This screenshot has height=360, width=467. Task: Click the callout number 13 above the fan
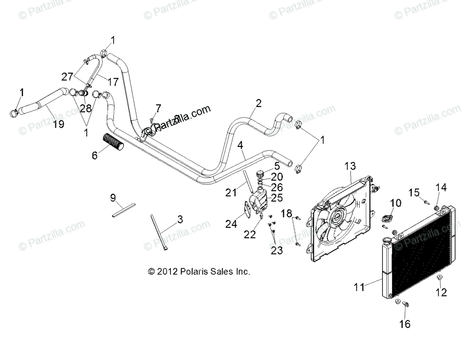tap(350, 166)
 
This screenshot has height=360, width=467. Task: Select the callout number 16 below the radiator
tap(405, 324)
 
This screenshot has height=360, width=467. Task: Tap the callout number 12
tap(441, 292)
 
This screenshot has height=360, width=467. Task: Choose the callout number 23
tap(277, 251)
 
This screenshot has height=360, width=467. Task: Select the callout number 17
tap(113, 82)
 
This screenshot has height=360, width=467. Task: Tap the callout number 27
tap(67, 76)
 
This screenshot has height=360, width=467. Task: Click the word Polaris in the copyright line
tap(192, 272)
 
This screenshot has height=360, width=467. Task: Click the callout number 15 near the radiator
tap(414, 192)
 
